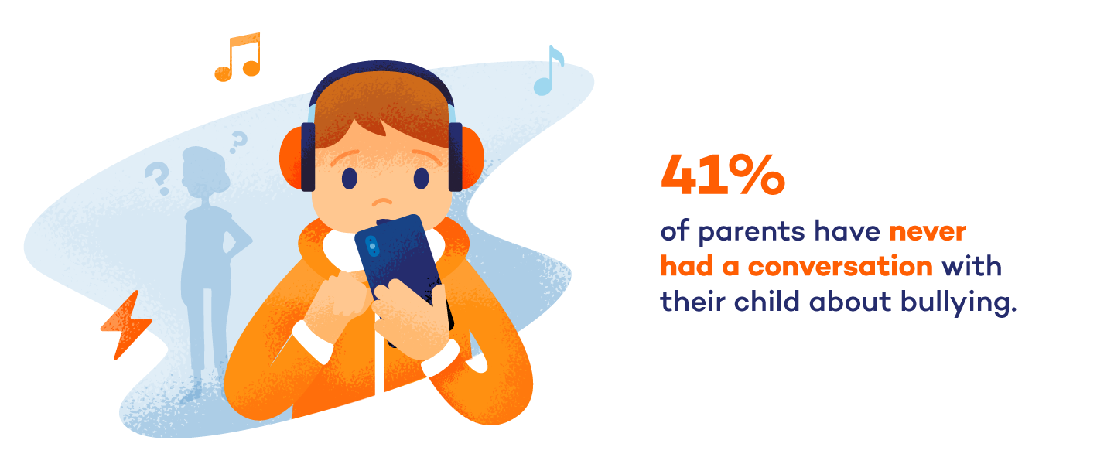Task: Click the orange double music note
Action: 237,59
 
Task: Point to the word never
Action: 928,231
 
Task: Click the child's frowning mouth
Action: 382,203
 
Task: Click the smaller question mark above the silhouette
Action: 238,140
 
